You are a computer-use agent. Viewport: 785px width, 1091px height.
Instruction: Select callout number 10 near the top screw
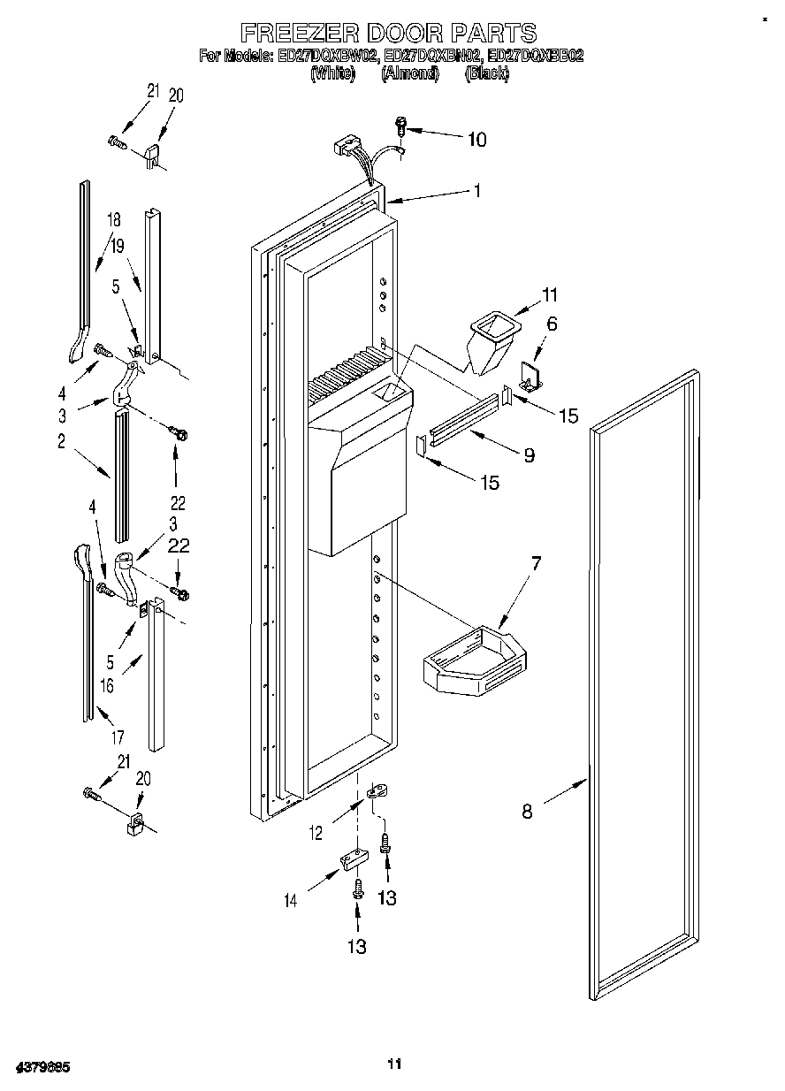(x=476, y=139)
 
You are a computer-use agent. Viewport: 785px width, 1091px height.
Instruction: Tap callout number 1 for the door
(x=476, y=190)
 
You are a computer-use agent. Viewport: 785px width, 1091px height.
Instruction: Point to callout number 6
(x=552, y=324)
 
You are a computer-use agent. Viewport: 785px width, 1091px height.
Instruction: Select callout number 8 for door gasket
(x=528, y=811)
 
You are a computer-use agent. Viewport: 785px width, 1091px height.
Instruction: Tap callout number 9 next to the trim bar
(x=529, y=455)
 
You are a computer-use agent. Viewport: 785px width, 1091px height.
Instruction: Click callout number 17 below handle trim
(x=118, y=736)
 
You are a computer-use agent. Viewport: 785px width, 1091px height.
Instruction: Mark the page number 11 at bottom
(x=395, y=1064)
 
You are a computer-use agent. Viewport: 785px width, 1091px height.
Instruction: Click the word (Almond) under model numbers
(x=409, y=74)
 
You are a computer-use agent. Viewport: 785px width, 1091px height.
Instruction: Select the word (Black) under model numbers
(x=486, y=74)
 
